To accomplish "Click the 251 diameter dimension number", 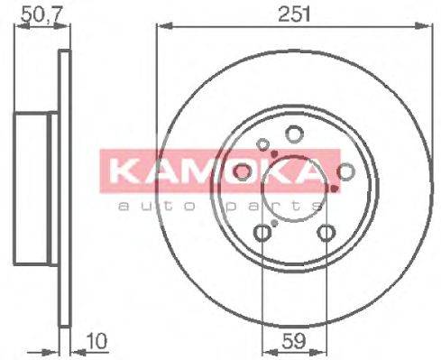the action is [294, 14].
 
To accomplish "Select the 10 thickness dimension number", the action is [97, 342].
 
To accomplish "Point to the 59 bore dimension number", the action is [294, 341].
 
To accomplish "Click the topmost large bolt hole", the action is [294, 134].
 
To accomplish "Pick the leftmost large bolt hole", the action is [242, 171].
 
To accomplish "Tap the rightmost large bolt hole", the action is [345, 171].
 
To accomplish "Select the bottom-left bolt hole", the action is [262, 233].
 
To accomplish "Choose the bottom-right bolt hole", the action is [326, 233].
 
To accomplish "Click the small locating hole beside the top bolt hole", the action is [263, 144].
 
